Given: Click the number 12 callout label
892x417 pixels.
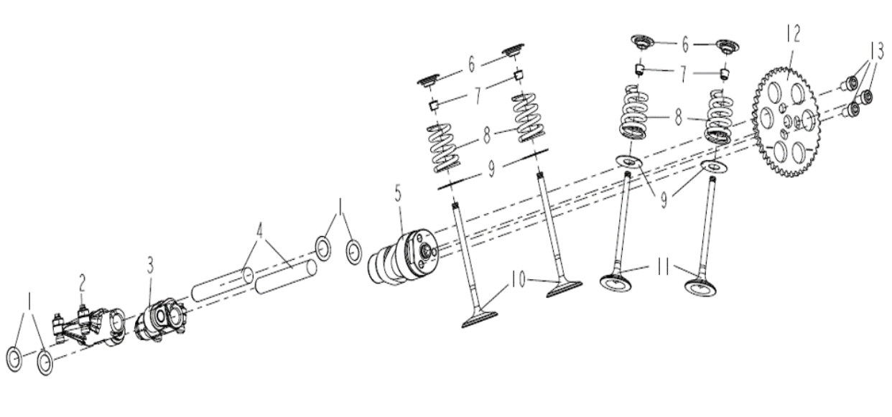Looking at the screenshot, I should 792,34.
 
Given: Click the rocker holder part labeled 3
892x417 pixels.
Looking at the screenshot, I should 161,320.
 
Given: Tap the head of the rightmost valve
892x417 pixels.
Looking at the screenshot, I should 700,286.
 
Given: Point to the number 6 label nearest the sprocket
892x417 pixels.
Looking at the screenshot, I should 685,45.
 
